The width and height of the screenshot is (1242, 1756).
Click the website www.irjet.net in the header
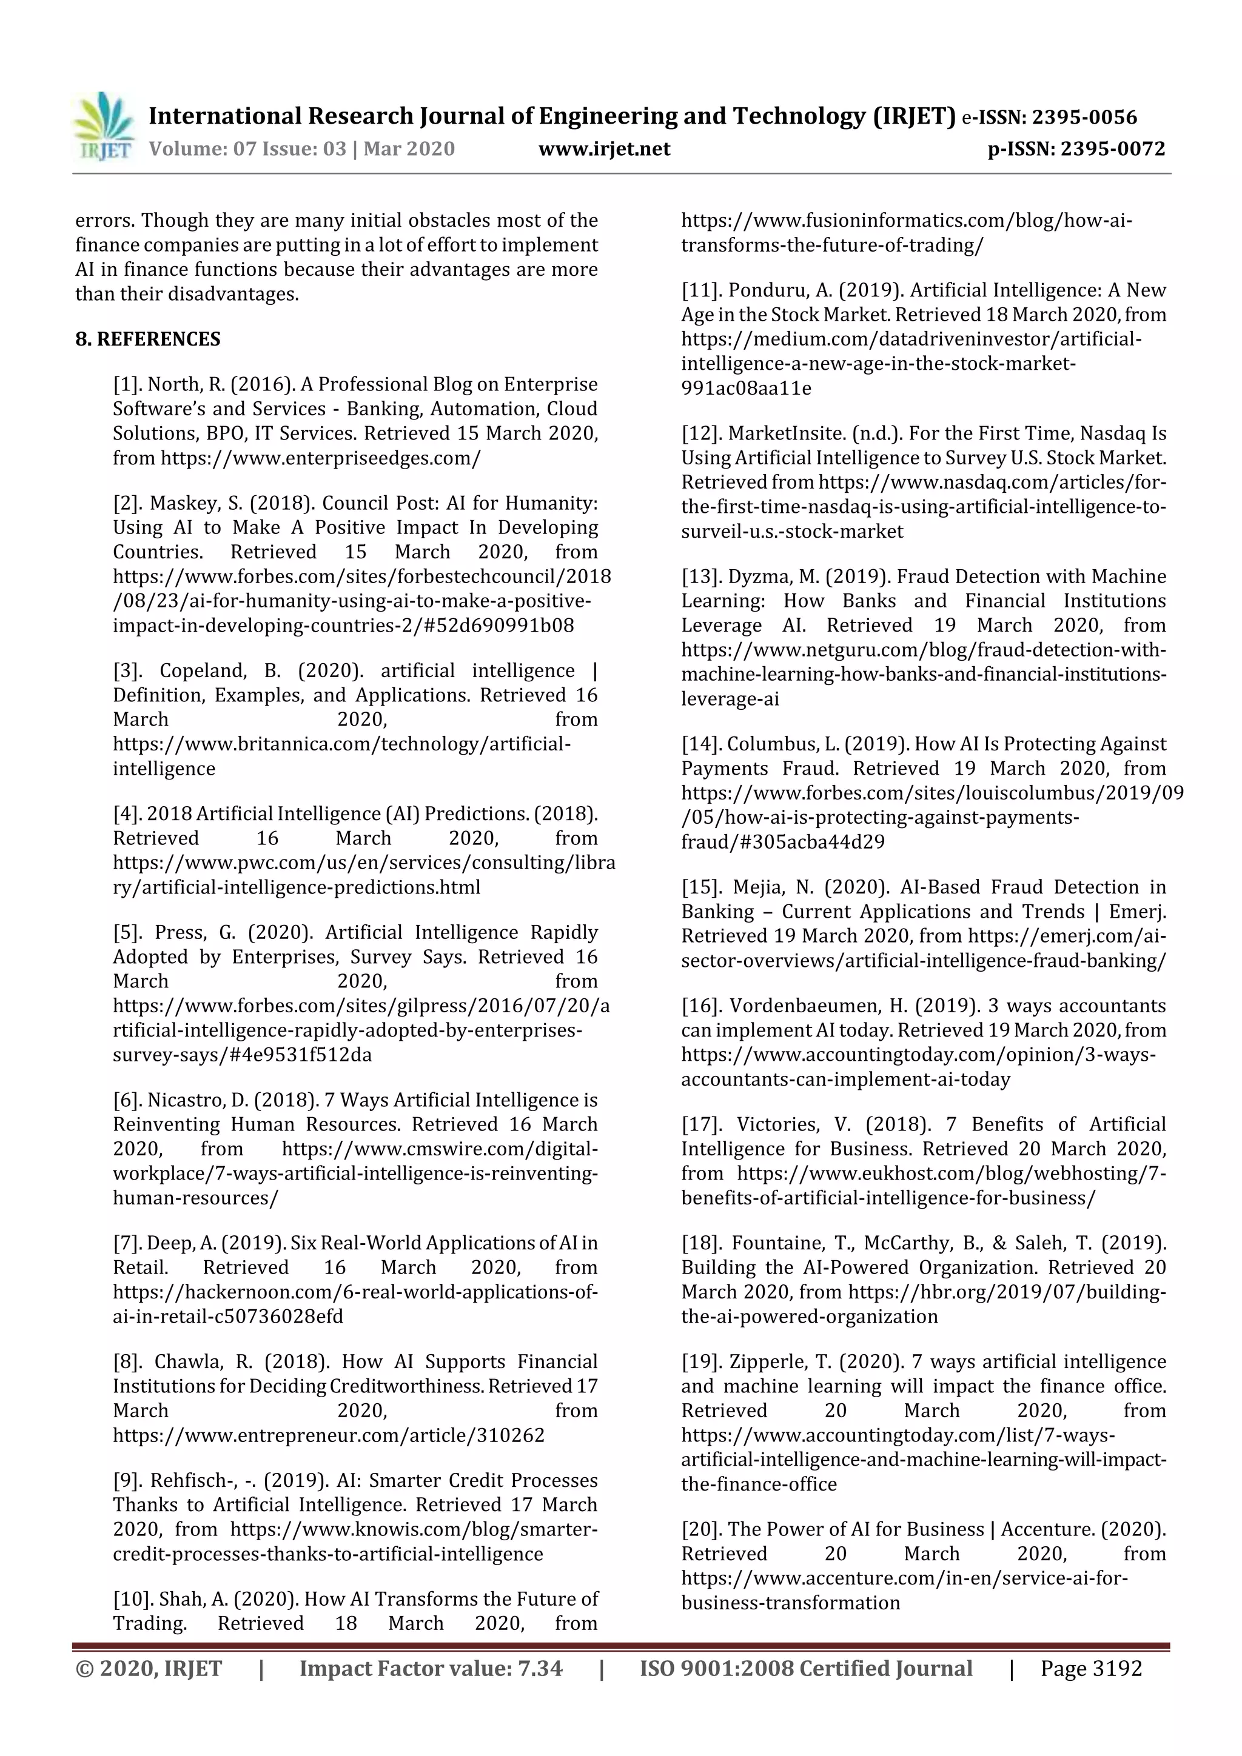pyautogui.click(x=604, y=149)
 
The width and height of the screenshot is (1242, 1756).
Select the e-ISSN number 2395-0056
pyautogui.click(x=1084, y=117)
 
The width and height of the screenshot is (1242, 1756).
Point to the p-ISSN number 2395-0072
pyautogui.click(x=1113, y=149)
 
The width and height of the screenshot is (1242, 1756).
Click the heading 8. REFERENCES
pyautogui.click(x=148, y=339)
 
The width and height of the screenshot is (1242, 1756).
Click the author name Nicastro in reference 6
pyautogui.click(x=186, y=1100)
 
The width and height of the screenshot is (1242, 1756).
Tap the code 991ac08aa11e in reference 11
pyautogui.click(x=746, y=388)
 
